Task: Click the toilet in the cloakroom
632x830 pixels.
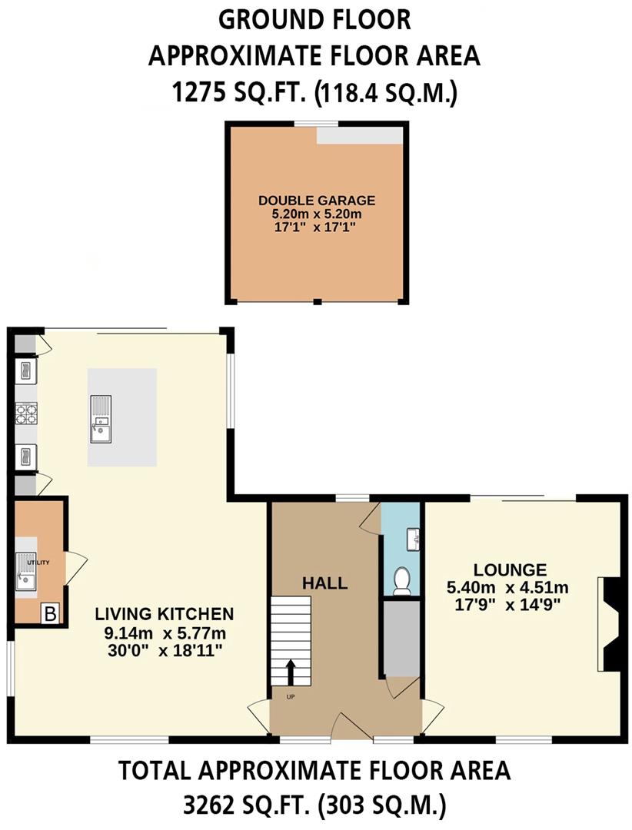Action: point(401,581)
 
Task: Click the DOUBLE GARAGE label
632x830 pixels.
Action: point(317,201)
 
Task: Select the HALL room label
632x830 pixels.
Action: point(324,583)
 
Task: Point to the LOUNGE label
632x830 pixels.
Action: point(510,570)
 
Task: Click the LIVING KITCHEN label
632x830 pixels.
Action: point(164,614)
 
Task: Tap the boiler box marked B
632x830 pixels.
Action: point(49,613)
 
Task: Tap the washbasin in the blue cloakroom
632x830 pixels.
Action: point(414,539)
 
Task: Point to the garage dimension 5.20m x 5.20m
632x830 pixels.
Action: point(317,214)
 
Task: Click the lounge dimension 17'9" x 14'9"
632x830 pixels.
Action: point(507,603)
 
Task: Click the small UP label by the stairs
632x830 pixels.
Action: point(291,697)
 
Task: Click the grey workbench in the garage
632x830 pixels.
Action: point(360,134)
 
